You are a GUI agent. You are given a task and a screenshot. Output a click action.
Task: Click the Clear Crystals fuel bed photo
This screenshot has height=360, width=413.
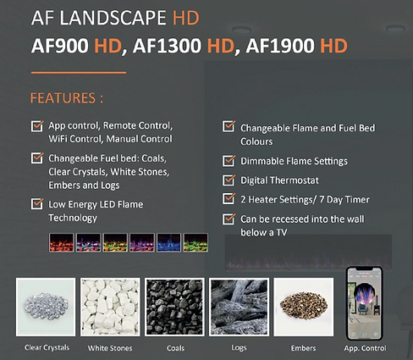tap(46, 307)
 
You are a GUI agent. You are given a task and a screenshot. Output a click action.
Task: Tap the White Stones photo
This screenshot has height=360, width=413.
tap(110, 307)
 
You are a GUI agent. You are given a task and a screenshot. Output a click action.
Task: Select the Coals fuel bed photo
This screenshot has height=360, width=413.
tap(174, 307)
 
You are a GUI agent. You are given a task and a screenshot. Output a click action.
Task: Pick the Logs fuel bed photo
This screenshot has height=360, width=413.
tap(239, 307)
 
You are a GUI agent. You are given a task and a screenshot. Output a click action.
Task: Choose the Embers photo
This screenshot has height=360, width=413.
tap(304, 307)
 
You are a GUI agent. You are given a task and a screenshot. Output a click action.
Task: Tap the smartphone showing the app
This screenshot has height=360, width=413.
tap(364, 303)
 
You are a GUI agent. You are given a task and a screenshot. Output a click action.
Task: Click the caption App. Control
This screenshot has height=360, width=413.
tap(365, 348)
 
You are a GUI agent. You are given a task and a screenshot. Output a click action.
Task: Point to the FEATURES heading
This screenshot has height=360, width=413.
tap(67, 98)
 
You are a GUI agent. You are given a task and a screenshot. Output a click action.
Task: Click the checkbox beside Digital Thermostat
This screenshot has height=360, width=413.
tap(229, 180)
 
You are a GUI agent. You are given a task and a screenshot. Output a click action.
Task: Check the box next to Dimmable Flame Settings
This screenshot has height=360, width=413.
tap(229, 160)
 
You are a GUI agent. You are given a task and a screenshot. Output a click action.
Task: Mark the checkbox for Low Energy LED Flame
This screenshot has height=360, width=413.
tap(37, 204)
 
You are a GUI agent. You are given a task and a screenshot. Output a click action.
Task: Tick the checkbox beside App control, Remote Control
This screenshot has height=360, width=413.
tap(37, 126)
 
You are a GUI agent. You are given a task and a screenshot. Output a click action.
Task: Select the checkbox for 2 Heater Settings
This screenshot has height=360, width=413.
tap(229, 198)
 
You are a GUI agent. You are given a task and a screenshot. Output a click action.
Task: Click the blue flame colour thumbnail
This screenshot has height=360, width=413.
tap(168, 242)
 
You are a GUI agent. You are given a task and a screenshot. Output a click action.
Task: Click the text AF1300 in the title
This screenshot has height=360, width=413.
tap(167, 46)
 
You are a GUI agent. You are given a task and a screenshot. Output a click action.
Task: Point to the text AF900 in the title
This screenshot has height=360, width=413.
tap(60, 46)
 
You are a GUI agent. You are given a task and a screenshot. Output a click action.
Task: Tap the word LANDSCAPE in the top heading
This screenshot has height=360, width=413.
tap(113, 18)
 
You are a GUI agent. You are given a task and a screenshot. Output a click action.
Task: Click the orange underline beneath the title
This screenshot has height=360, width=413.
tap(79, 73)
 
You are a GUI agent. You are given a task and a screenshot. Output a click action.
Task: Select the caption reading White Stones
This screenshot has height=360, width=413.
tap(110, 348)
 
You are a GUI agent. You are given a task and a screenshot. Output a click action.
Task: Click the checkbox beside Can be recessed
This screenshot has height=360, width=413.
tap(229, 219)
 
